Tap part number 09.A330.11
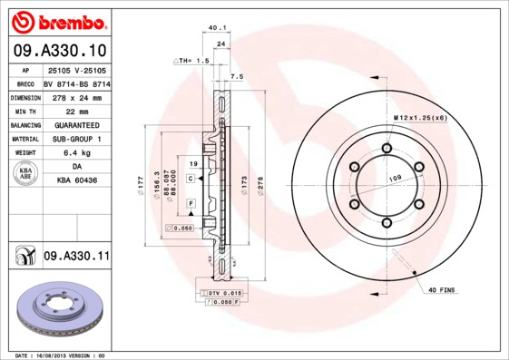[75, 258]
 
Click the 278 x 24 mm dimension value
[75, 96]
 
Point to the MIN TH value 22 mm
[75, 110]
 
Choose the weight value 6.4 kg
[75, 153]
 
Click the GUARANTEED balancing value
[75, 124]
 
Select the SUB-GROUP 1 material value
[75, 139]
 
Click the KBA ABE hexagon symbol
[25, 174]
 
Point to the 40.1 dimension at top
[217, 28]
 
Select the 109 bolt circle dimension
[396, 179]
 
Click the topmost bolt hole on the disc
[387, 149]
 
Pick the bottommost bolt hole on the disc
[387, 223]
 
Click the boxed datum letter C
[191, 179]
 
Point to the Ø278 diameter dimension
[260, 185]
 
